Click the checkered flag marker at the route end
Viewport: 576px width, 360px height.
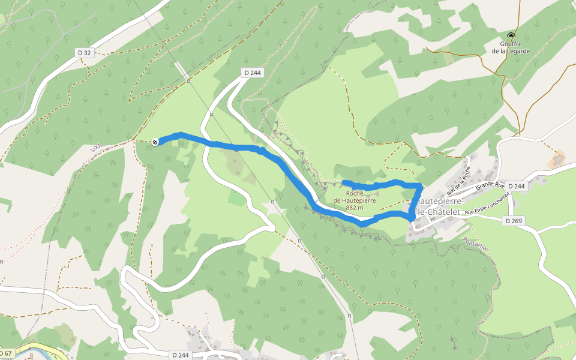[x=155, y=142]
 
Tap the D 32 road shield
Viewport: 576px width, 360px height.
[x=85, y=53]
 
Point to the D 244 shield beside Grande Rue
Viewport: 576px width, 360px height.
[x=517, y=186]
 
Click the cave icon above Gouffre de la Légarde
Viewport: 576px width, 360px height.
[x=511, y=35]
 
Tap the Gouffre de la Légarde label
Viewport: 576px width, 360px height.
[x=511, y=47]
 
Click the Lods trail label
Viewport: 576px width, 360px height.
[x=96, y=148]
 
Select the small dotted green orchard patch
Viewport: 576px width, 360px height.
[x=236, y=199]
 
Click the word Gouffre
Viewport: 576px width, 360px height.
[x=511, y=44]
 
